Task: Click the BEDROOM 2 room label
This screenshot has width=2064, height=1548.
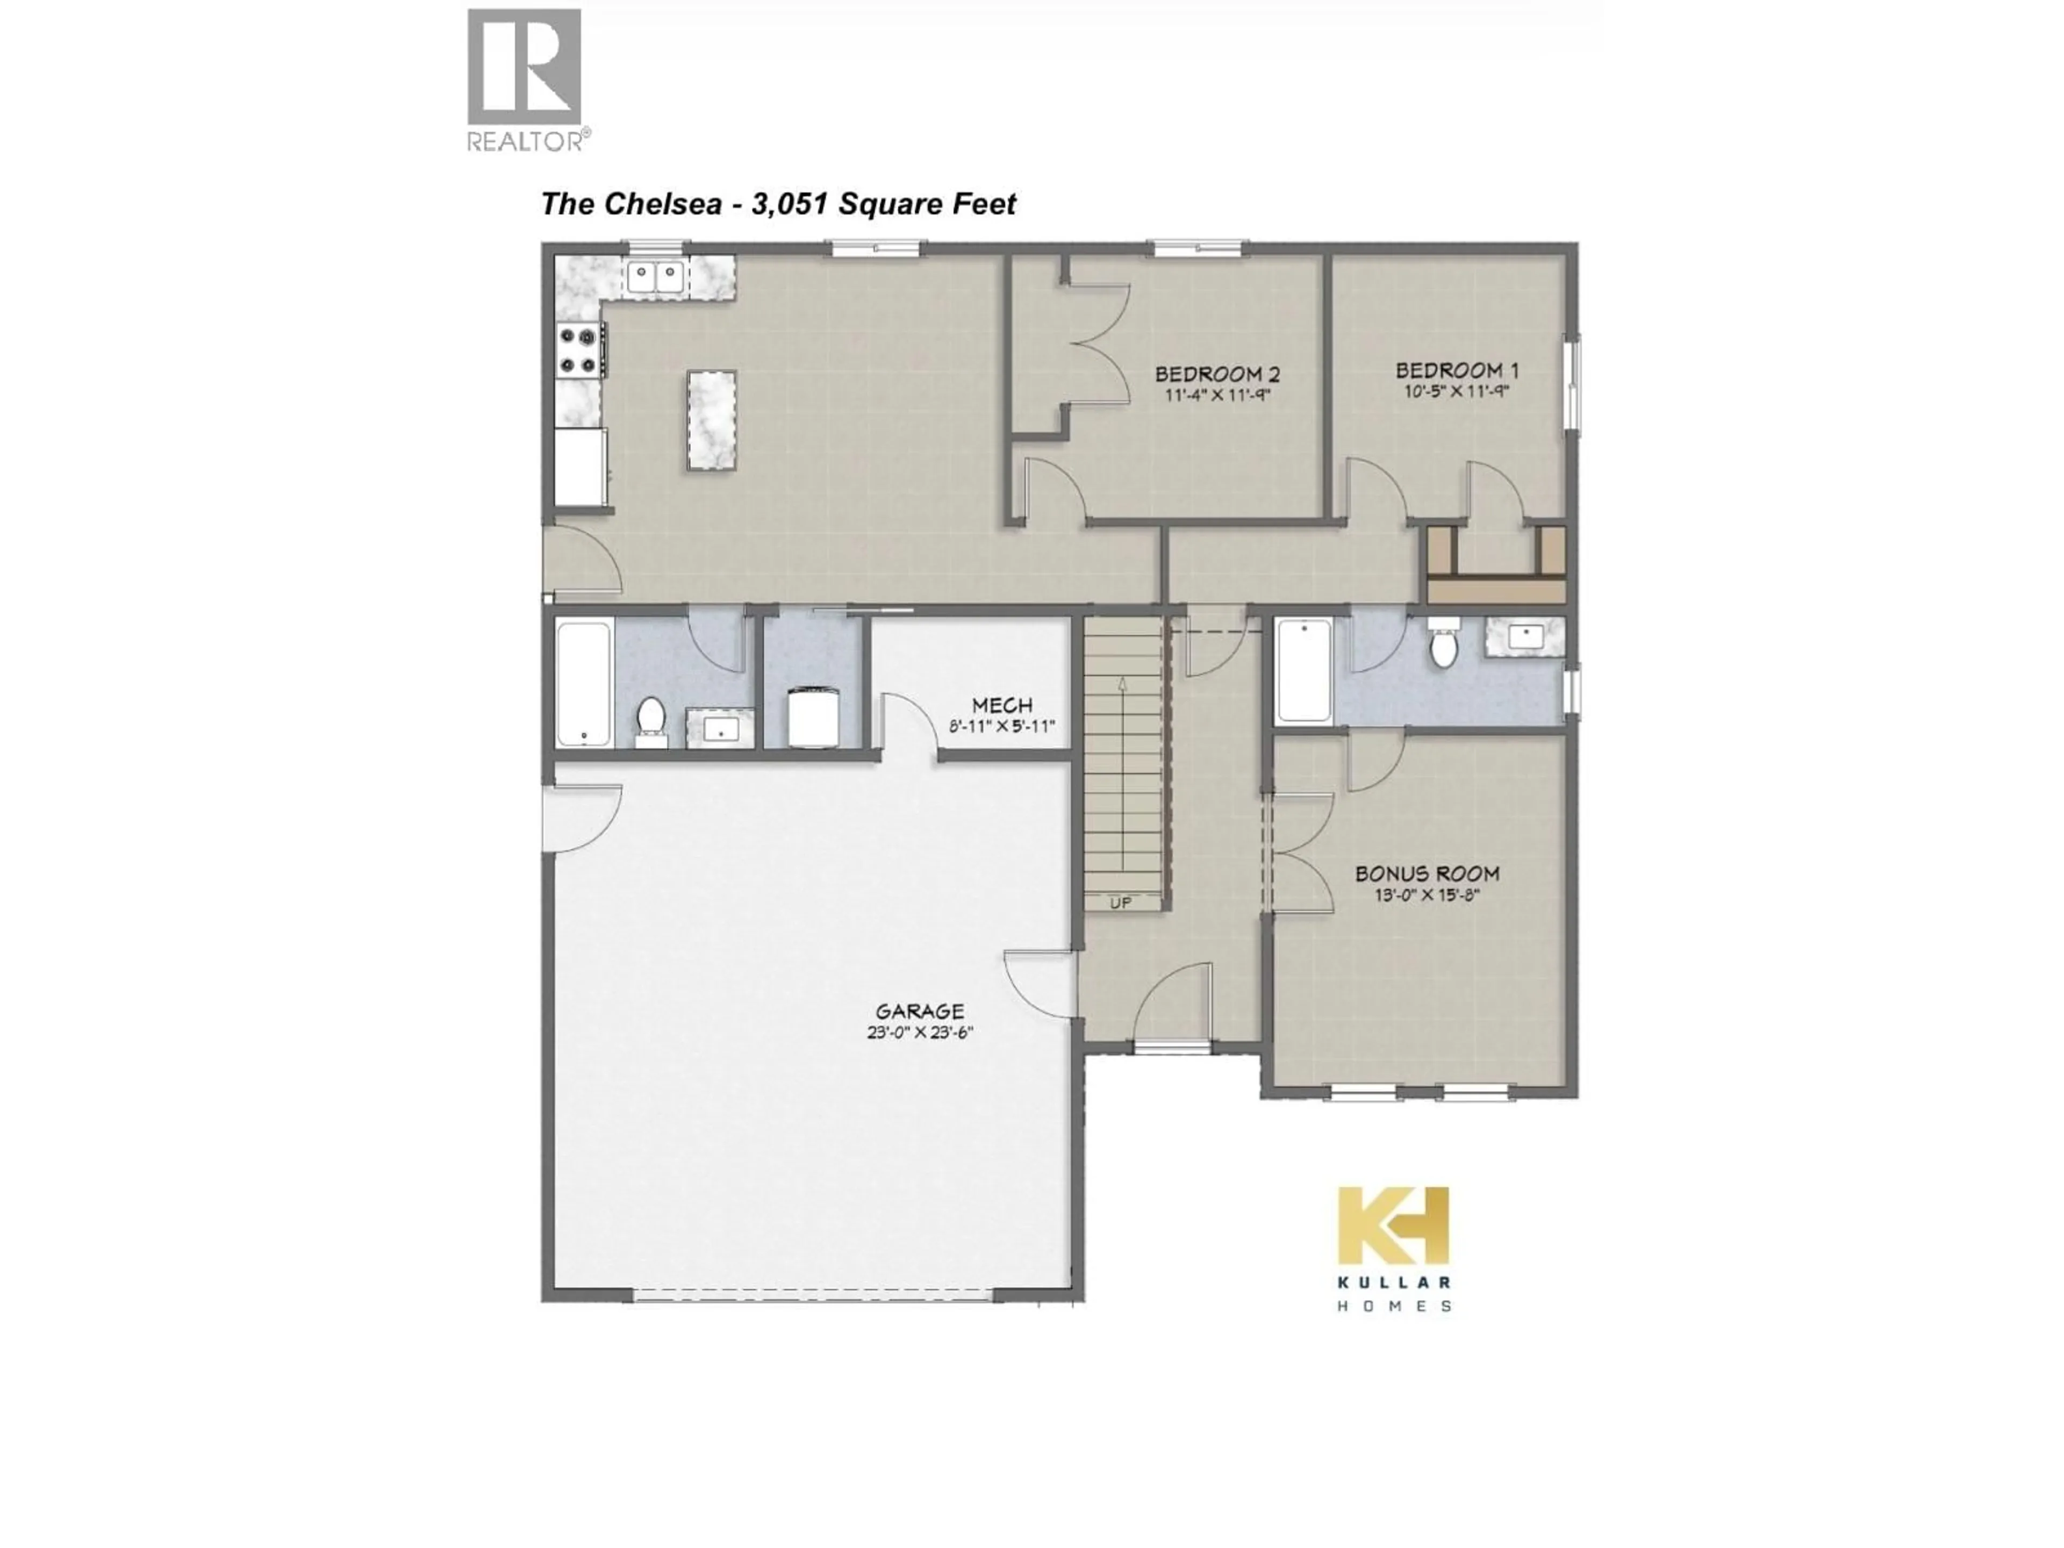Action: click(x=1217, y=374)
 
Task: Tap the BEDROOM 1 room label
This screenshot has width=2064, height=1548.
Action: click(x=1457, y=370)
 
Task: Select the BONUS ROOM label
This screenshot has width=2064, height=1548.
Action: click(x=1427, y=873)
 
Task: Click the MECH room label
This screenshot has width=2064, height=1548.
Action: click(x=1002, y=705)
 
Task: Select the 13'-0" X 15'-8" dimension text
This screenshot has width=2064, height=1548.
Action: click(x=1427, y=896)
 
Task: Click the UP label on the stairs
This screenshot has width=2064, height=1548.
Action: click(x=1121, y=902)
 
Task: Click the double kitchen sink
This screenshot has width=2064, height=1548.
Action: click(x=655, y=277)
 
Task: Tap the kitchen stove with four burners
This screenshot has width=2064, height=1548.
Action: click(x=578, y=350)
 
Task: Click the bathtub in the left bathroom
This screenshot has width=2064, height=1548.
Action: click(x=583, y=683)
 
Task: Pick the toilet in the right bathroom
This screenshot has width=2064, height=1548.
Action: click(x=1444, y=646)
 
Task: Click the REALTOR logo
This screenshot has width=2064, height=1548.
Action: click(x=525, y=80)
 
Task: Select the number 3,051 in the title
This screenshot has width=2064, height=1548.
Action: click(x=790, y=203)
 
